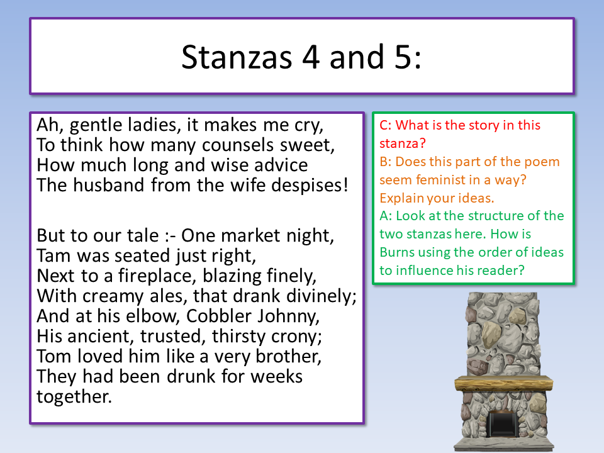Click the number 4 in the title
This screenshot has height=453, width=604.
click(x=311, y=57)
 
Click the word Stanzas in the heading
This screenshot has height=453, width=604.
click(x=237, y=57)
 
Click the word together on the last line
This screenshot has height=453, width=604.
click(x=74, y=397)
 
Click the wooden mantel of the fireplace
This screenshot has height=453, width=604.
click(x=503, y=383)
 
